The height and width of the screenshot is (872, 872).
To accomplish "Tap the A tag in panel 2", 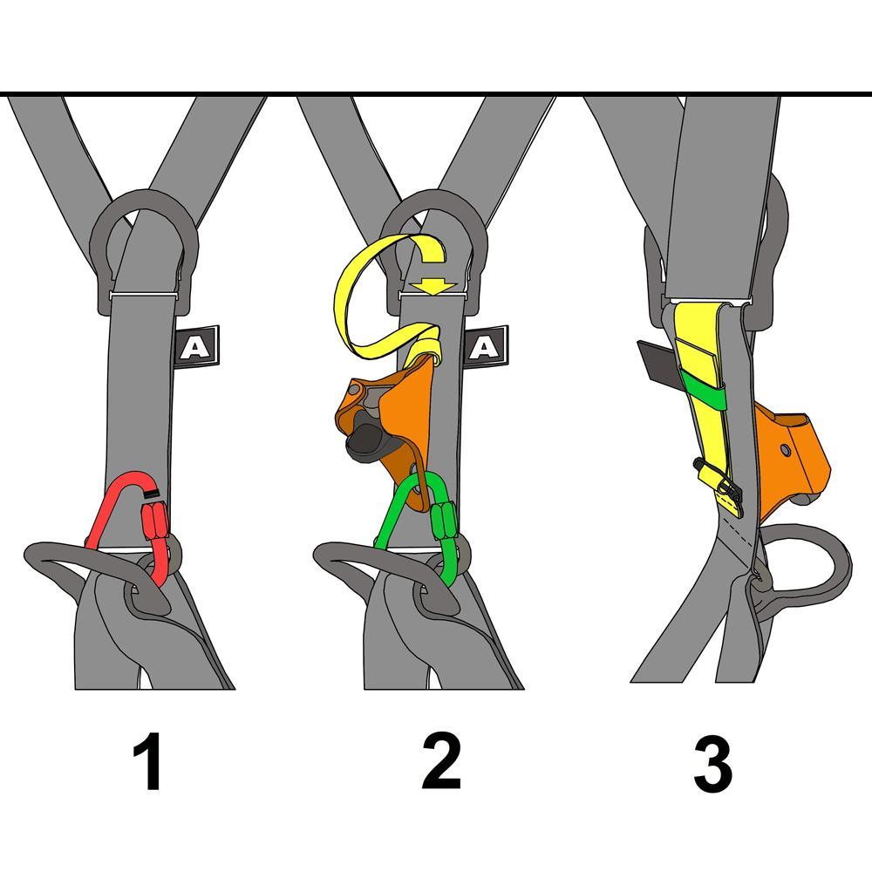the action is click(485, 347).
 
